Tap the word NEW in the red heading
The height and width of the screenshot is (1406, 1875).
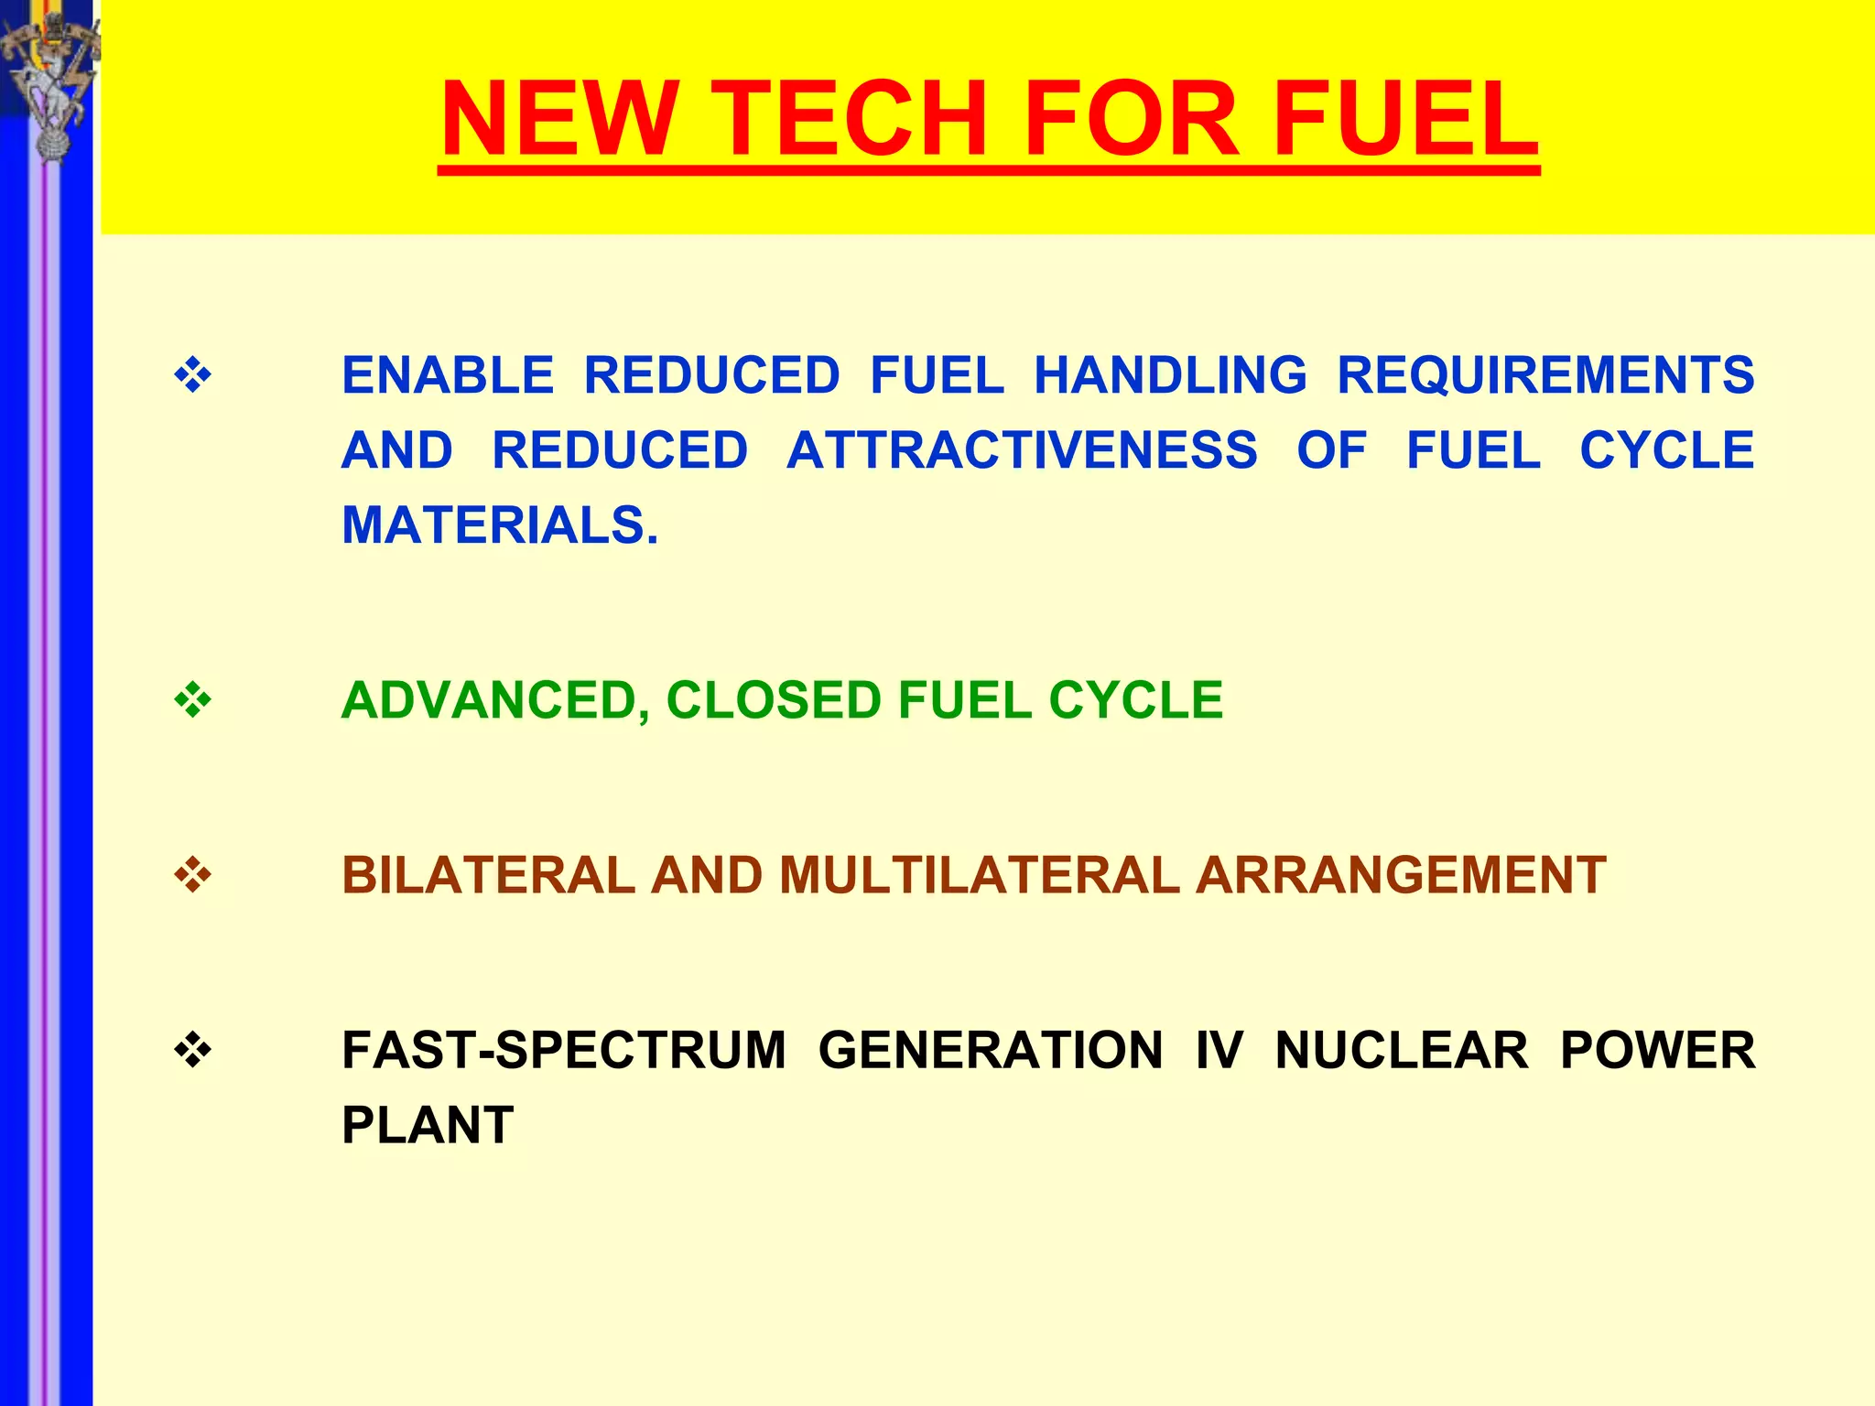(x=558, y=119)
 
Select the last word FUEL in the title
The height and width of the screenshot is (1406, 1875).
(x=1405, y=119)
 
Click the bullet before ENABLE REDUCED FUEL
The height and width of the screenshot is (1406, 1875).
(x=193, y=375)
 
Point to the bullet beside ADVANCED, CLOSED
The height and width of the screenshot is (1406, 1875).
(x=193, y=700)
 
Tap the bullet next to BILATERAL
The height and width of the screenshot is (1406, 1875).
(x=193, y=875)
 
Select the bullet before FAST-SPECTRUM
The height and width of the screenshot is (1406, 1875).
(x=193, y=1050)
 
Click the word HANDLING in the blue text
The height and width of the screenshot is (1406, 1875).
(x=1170, y=375)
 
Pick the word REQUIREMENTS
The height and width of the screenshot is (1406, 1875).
(x=1545, y=375)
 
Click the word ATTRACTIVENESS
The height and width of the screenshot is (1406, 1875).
(x=1022, y=450)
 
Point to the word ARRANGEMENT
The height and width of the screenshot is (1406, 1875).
(x=1401, y=875)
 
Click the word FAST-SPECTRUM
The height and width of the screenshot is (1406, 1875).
(x=563, y=1050)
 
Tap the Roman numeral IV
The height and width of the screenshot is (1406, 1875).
(x=1219, y=1050)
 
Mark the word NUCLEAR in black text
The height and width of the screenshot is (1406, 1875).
(x=1401, y=1050)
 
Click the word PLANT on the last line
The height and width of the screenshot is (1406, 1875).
(x=427, y=1125)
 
